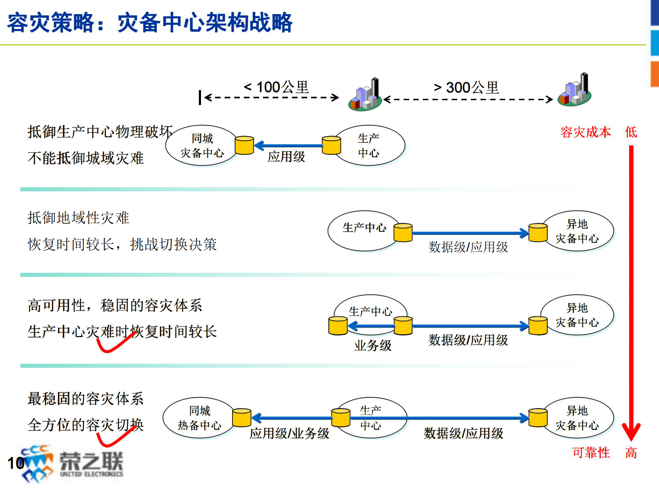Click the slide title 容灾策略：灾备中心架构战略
tap(150, 23)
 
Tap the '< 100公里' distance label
tap(277, 87)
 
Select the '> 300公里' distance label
tap(466, 88)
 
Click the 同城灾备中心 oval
tap(201, 146)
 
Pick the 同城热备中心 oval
tap(199, 418)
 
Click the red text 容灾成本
tap(586, 132)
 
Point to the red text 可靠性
tap(591, 452)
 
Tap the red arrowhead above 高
tap(631, 432)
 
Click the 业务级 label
tap(372, 345)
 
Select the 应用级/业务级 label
tap(289, 433)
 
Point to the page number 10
tap(16, 463)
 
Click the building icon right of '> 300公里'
tap(575, 90)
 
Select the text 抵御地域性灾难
tap(78, 218)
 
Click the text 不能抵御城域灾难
tap(86, 158)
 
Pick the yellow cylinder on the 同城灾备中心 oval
tap(244, 145)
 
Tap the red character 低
tap(631, 132)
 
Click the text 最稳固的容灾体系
tap(86, 399)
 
